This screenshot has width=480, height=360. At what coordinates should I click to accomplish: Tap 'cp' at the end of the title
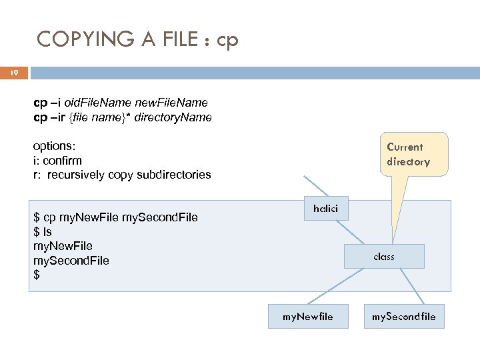(227, 41)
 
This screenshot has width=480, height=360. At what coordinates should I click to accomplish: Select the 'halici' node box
(325, 209)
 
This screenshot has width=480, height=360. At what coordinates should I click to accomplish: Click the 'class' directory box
(384, 256)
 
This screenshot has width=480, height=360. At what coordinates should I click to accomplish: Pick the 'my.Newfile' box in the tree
(307, 316)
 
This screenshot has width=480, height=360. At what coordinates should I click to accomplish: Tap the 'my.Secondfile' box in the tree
(404, 316)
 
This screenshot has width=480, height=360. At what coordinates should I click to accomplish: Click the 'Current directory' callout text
(408, 154)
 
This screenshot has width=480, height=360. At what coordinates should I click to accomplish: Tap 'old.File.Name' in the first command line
(101, 103)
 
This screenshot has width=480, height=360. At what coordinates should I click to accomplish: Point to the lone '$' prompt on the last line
(36, 275)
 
